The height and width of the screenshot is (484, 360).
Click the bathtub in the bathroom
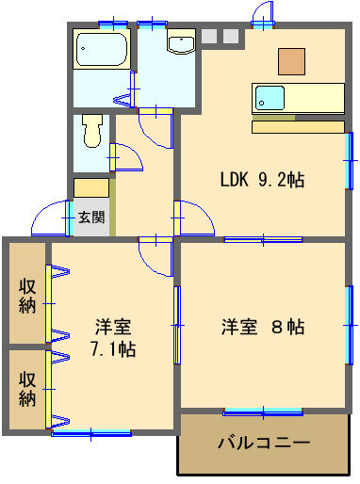tap(102, 49)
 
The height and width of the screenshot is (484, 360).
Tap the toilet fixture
tap(92, 131)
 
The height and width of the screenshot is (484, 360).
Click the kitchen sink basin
tap(270, 98)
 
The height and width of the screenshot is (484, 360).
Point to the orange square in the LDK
tap(291, 61)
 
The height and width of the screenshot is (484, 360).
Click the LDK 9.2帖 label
tap(262, 180)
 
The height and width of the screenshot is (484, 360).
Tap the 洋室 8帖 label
tap(263, 327)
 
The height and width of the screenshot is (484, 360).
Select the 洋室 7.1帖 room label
tap(113, 338)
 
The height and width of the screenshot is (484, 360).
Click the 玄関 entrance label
tap(91, 217)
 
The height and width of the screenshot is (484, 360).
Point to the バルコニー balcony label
tap(264, 443)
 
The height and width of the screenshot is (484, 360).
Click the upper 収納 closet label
tap(27, 296)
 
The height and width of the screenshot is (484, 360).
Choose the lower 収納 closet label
tap(27, 389)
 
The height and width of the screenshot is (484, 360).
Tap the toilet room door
tap(125, 157)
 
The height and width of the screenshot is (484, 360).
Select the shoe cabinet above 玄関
tap(91, 188)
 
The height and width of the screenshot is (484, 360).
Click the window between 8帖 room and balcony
tap(263, 411)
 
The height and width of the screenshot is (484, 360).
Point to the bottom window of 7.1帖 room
tap(91, 433)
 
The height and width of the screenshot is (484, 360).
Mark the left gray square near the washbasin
tap(209, 36)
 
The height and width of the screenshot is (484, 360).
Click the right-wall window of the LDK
tap(349, 161)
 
